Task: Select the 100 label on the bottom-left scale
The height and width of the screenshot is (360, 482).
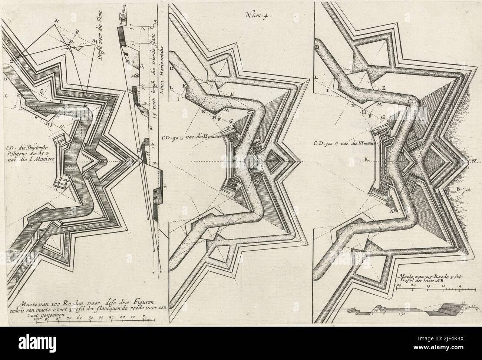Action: coord(36,318)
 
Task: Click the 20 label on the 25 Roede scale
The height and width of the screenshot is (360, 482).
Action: coord(414,286)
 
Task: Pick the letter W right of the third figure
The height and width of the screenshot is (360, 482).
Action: coord(474,161)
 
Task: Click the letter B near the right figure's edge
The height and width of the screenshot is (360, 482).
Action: coord(458,190)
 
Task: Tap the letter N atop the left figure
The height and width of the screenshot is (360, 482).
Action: coord(56,20)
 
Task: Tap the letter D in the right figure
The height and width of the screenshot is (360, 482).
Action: coord(317,47)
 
